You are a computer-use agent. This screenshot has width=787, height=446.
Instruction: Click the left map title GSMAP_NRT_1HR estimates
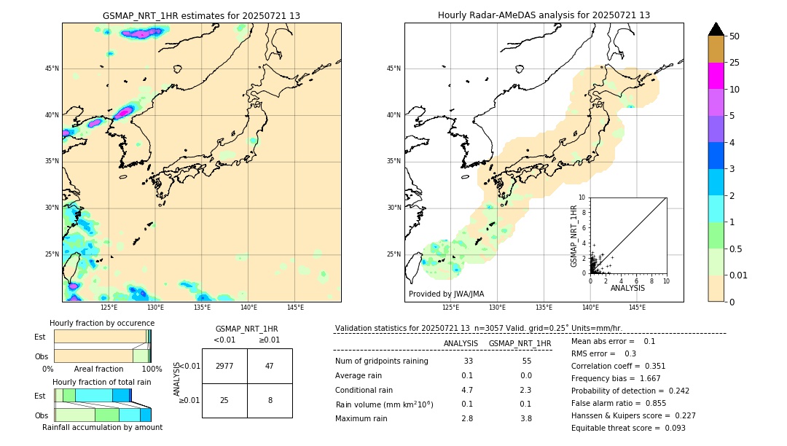pos(201,15)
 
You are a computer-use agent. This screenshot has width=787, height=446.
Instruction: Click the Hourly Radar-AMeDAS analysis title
pos(544,15)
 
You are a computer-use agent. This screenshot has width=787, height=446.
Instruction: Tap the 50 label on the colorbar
pos(735,36)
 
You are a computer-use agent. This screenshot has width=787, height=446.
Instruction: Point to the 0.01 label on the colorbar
pos(739,275)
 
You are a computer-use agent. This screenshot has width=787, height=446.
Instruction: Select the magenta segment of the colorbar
pos(716,76)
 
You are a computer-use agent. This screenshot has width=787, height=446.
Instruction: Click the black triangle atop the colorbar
pos(716,29)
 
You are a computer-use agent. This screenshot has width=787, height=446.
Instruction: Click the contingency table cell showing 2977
pos(224,366)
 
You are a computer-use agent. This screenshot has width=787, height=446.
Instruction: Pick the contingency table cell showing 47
pos(270,366)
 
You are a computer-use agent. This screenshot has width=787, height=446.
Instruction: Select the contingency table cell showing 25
pos(224,400)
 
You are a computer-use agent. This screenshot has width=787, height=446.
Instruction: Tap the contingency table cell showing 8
pos(270,400)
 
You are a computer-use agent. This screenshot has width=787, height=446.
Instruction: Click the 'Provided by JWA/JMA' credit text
pos(446,294)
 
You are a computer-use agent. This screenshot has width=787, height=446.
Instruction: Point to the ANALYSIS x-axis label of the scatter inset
pos(627,288)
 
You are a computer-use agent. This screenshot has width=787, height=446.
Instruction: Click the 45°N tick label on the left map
pos(52,69)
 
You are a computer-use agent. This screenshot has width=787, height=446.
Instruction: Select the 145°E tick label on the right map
pos(637,308)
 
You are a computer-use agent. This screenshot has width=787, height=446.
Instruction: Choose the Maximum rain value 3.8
pos(526,418)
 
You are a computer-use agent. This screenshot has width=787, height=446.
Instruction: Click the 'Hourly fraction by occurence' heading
pos(102,323)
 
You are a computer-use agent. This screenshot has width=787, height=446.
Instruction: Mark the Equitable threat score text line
pos(628,428)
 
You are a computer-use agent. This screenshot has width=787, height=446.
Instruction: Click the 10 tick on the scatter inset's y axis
pos(582,197)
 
